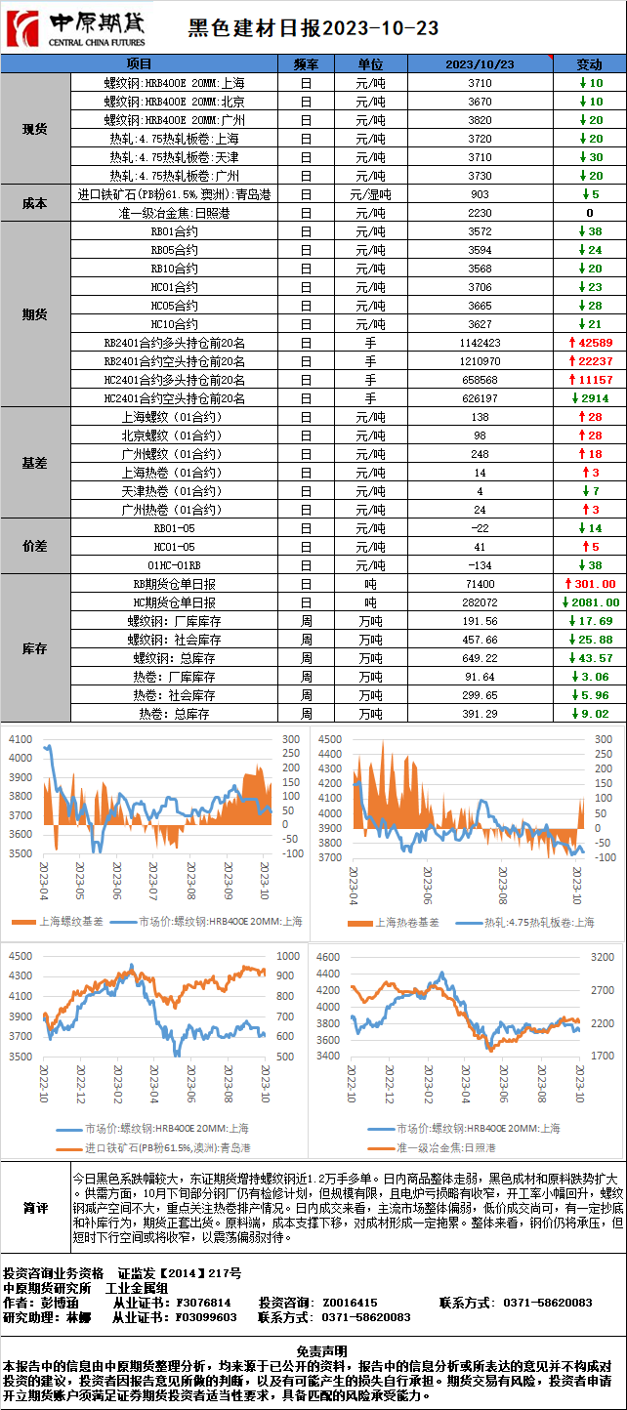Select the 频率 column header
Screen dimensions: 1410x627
tap(306, 64)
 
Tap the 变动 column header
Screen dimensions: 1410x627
tap(590, 64)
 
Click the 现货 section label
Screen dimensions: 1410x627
tap(35, 129)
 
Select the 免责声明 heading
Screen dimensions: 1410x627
tap(313, 1350)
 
